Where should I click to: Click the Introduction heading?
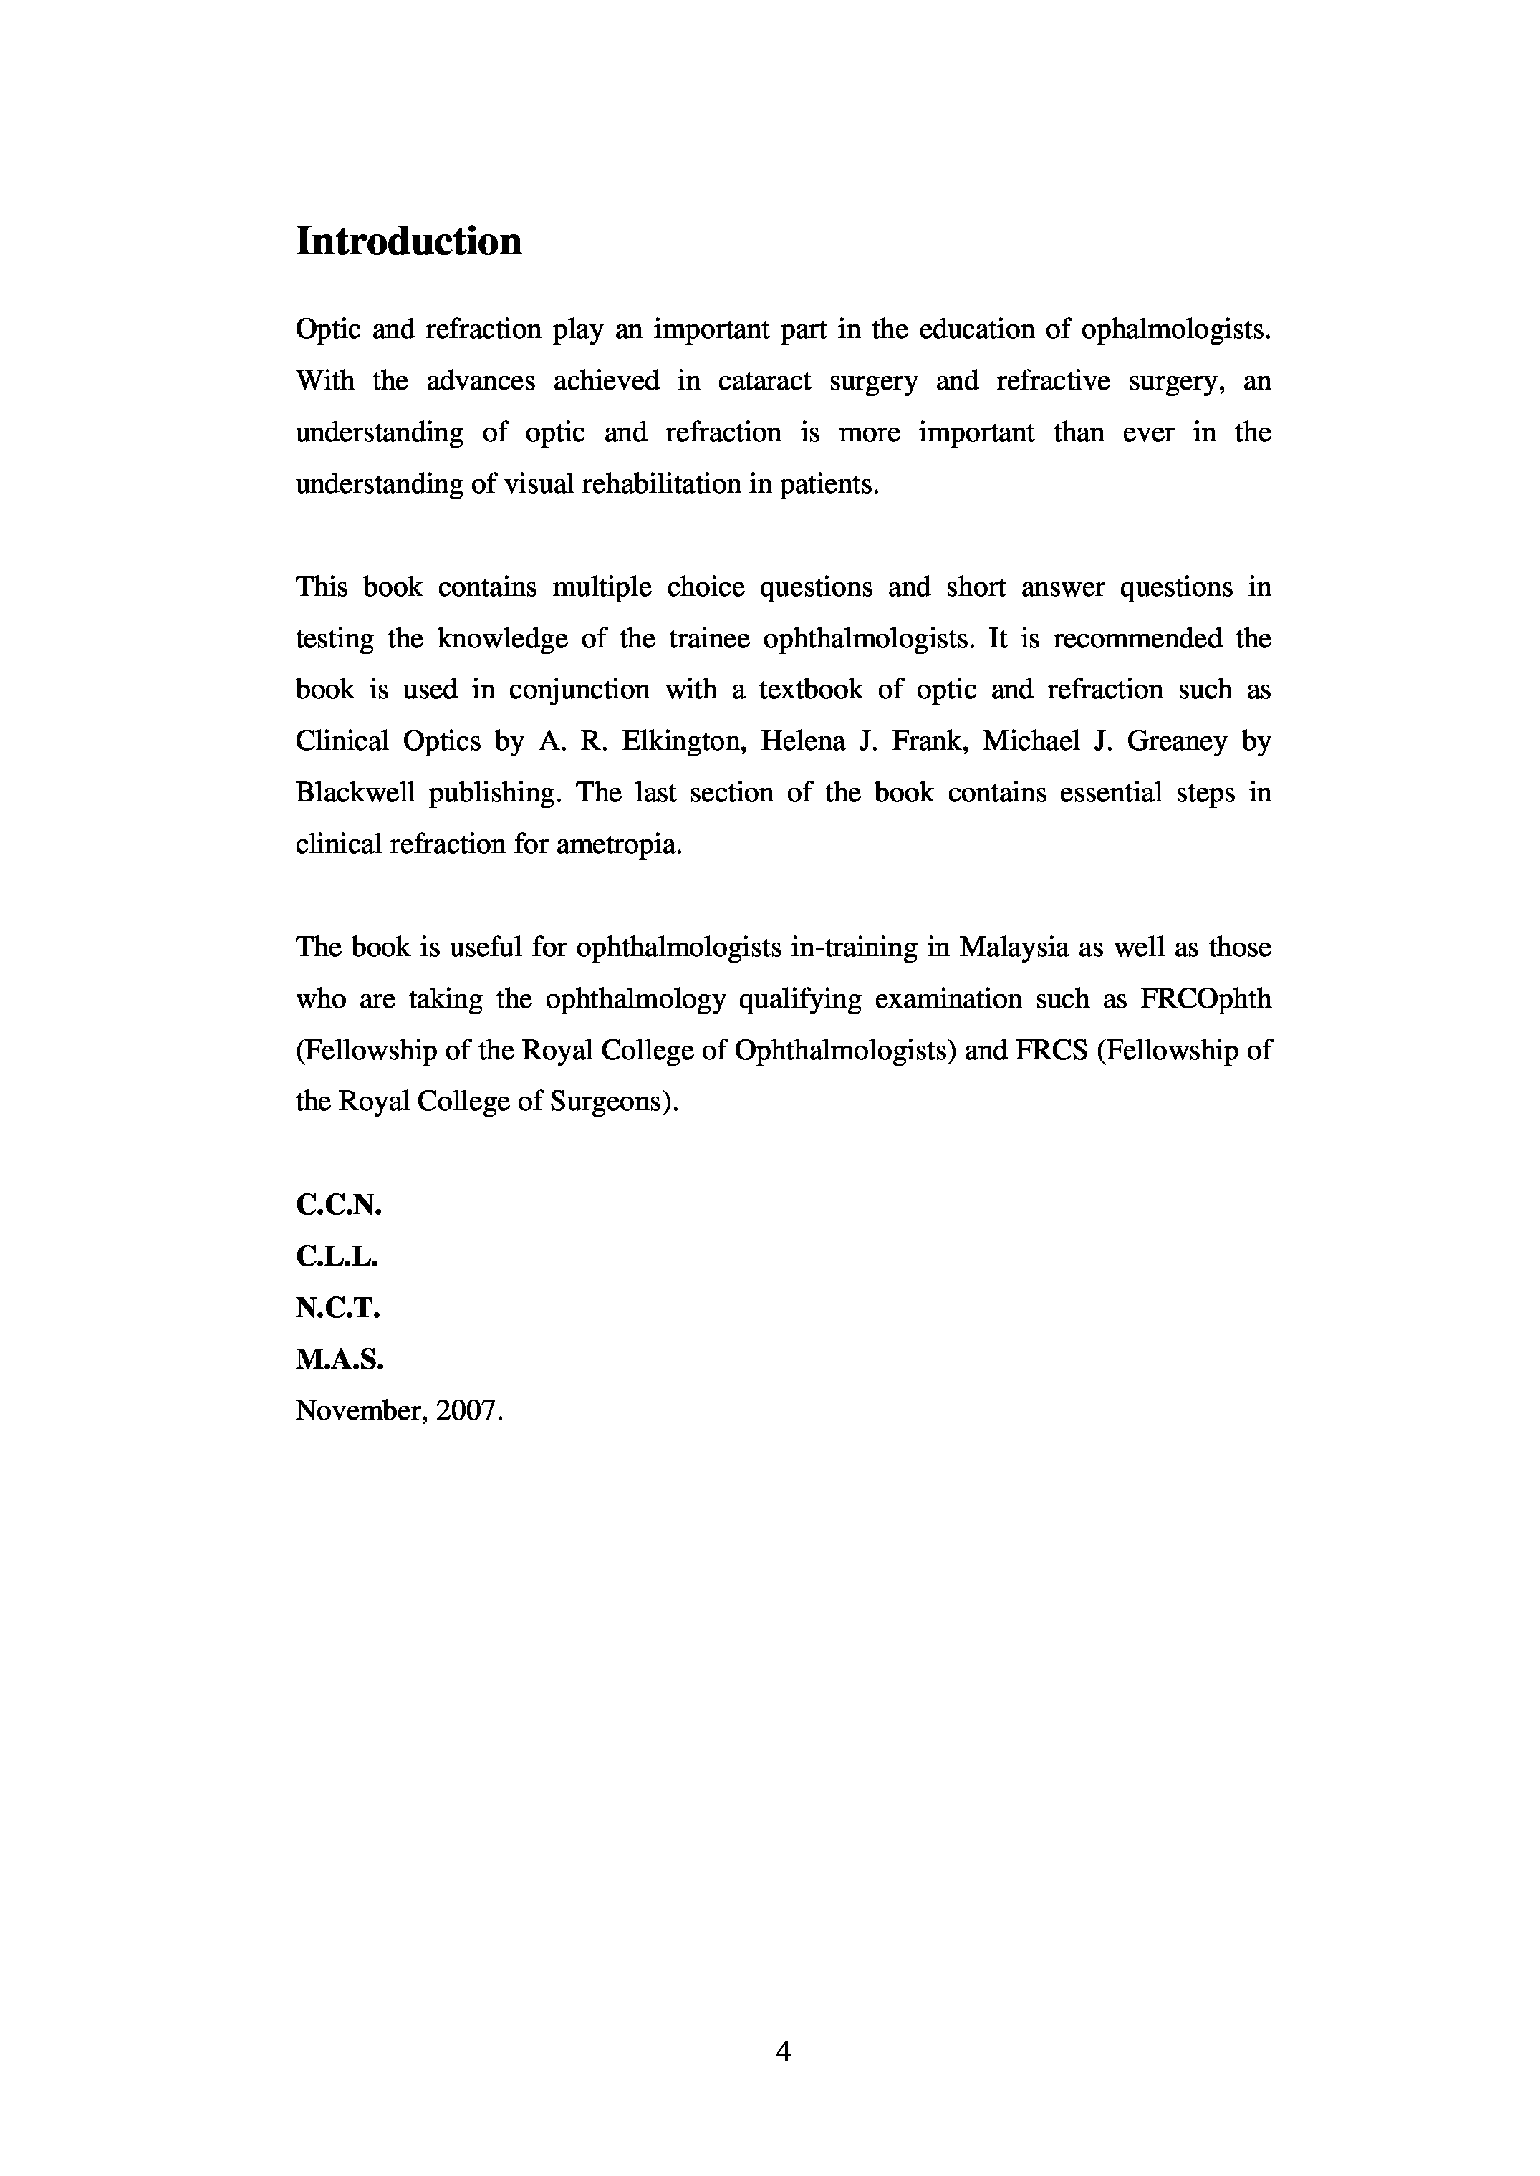point(409,242)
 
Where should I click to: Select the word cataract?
point(764,381)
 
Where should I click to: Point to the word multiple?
point(601,588)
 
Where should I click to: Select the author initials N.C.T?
point(337,1309)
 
